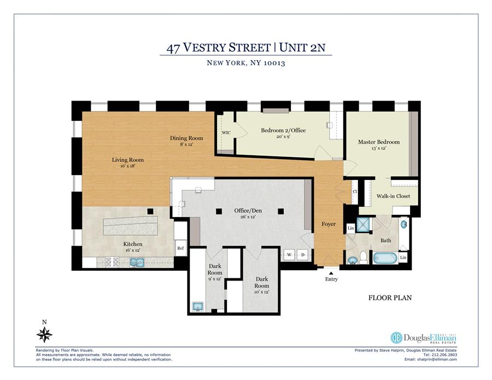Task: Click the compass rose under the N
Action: pos(44,335)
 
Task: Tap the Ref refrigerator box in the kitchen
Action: pos(180,248)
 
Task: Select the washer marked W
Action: pos(289,255)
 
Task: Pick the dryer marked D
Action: pos(303,255)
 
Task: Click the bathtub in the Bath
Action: pos(385,258)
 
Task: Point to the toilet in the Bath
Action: pos(364,258)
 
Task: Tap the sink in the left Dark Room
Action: pos(198,307)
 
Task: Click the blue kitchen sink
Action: pos(137,262)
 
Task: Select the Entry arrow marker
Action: pos(331,273)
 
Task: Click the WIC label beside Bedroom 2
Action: pos(226,133)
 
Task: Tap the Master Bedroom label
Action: pos(379,142)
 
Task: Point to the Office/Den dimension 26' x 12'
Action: pos(248,217)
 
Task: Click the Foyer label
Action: pos(329,224)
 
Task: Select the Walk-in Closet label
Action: pos(393,196)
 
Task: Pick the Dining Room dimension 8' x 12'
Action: pos(186,144)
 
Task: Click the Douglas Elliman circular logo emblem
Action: pos(396,338)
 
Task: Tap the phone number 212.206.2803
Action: pos(444,355)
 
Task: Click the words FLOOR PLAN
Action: pos(390,298)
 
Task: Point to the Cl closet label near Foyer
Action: pos(355,191)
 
